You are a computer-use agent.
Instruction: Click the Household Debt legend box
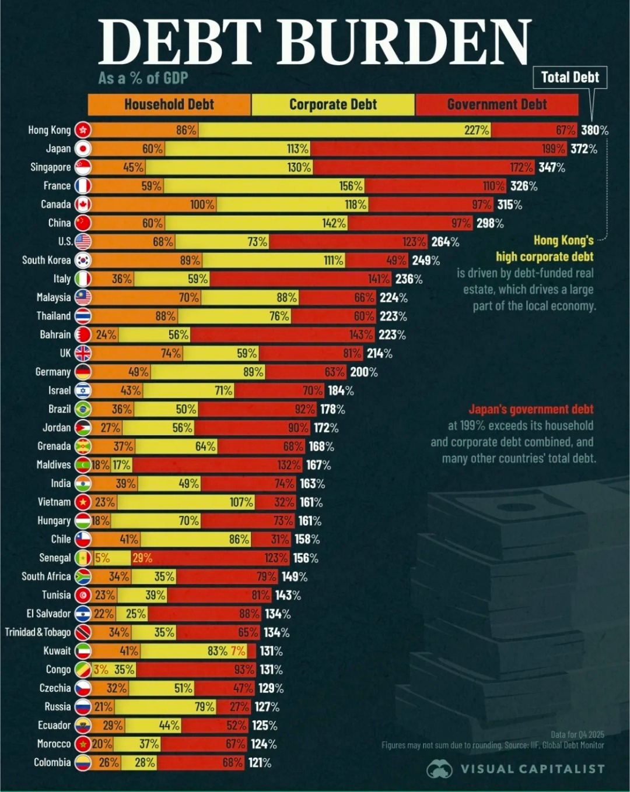click(x=169, y=105)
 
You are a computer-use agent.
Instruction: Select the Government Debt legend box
click(x=496, y=105)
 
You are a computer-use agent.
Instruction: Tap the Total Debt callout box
click(x=570, y=78)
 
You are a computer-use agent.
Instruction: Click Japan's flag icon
click(x=83, y=149)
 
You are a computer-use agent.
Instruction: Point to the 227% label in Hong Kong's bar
click(x=477, y=130)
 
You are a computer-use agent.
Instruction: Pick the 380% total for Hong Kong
click(x=594, y=131)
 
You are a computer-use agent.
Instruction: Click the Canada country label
click(x=56, y=205)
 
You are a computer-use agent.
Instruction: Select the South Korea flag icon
click(x=83, y=261)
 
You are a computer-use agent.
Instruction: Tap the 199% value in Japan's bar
click(x=553, y=149)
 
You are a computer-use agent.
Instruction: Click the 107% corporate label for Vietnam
click(x=241, y=502)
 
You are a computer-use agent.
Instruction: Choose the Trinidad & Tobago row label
click(x=38, y=632)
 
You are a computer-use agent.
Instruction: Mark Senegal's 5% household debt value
click(x=102, y=558)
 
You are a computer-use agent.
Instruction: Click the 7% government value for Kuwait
click(x=238, y=651)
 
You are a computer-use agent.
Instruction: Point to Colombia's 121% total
click(x=260, y=763)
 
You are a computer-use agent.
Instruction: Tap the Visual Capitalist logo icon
click(x=439, y=769)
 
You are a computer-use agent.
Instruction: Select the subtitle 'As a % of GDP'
click(x=143, y=78)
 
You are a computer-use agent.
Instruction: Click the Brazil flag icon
click(x=83, y=409)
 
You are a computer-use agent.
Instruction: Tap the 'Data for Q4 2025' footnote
click(x=577, y=735)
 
